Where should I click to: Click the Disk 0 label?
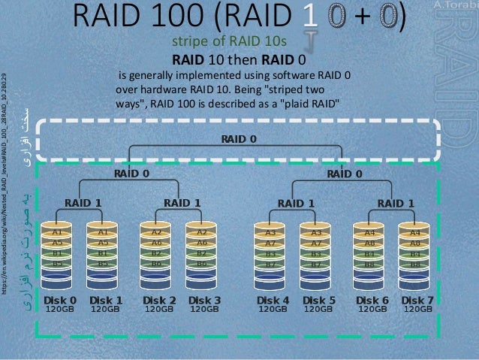click(x=60, y=300)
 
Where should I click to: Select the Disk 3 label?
click(x=204, y=300)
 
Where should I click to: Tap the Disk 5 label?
click(x=319, y=300)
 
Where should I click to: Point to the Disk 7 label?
click(x=417, y=300)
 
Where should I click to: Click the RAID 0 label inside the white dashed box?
click(x=239, y=139)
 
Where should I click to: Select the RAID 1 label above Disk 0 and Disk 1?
click(x=83, y=202)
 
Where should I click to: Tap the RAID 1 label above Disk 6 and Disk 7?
click(x=395, y=202)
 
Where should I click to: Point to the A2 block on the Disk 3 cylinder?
click(x=201, y=233)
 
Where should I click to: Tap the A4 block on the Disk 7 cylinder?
click(x=414, y=233)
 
